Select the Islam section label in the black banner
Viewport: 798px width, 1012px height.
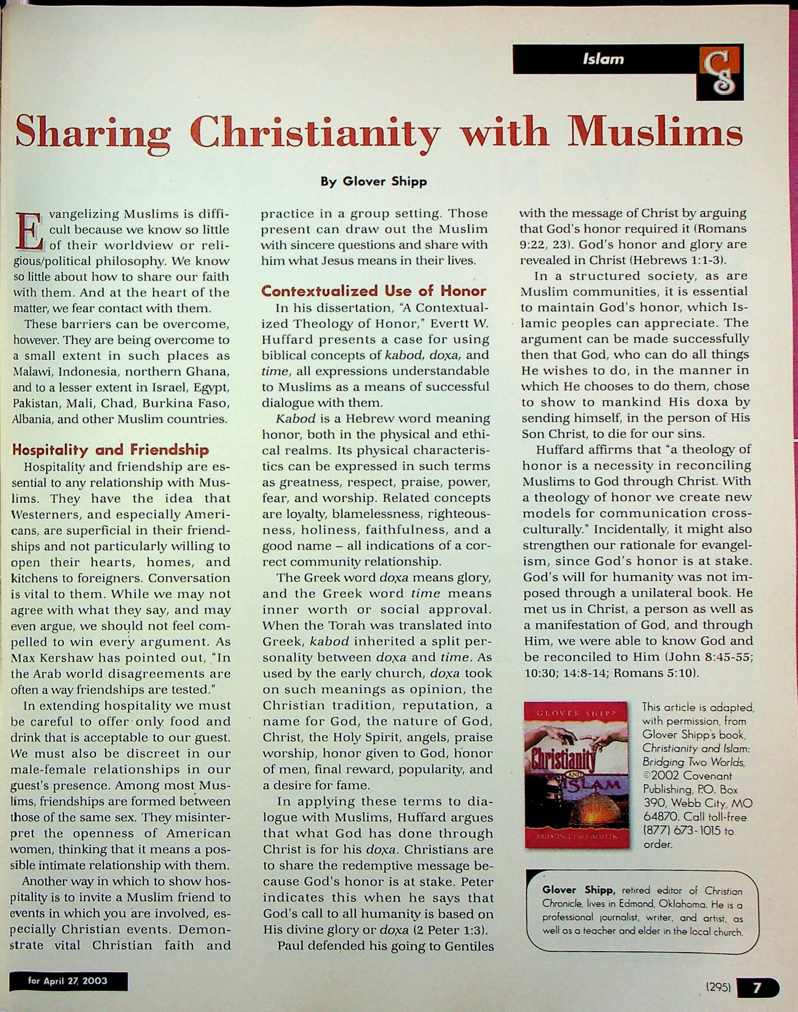pos(603,59)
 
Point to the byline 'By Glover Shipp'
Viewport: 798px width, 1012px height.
pos(373,181)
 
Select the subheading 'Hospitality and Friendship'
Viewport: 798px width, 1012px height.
pos(110,450)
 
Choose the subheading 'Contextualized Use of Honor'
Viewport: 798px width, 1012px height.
pos(374,291)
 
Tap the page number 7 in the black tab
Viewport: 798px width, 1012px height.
pos(757,987)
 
